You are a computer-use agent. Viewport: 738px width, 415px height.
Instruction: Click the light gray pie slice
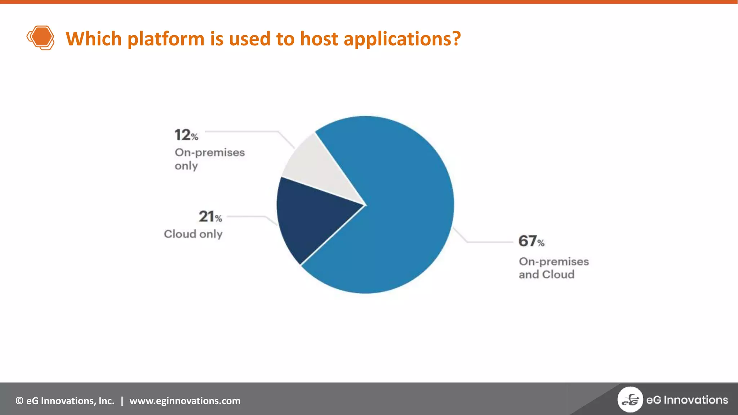tap(317, 169)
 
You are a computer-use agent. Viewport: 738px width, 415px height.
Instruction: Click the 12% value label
tap(186, 135)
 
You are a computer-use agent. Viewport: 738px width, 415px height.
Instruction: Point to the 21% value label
tap(210, 217)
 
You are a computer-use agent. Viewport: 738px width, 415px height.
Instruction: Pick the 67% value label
tap(531, 241)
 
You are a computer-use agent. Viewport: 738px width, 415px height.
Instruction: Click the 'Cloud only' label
tap(193, 234)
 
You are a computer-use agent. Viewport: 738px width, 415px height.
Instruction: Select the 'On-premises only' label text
tap(209, 159)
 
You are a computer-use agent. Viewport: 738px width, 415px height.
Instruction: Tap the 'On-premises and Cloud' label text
tap(553, 268)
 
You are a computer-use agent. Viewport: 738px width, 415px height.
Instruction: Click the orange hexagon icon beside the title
tap(40, 37)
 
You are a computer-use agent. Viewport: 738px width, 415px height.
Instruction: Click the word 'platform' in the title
tap(166, 39)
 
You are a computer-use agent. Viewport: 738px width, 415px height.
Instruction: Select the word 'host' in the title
tap(319, 39)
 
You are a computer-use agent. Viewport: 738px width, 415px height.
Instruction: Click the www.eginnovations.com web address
tap(185, 401)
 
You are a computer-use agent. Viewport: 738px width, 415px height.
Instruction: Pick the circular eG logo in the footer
tap(630, 400)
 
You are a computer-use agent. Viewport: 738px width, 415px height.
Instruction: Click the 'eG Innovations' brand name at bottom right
tap(687, 400)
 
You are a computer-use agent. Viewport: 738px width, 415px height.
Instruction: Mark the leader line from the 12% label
tap(245, 132)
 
